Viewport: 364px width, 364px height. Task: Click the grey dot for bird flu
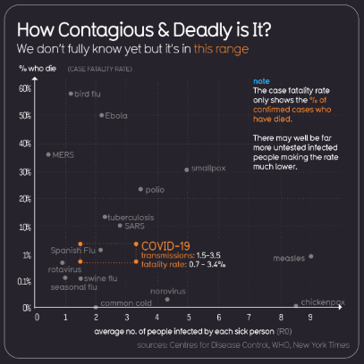coord(71,93)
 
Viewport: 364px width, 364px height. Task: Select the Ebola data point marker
coord(101,115)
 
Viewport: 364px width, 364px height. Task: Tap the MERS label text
coord(63,153)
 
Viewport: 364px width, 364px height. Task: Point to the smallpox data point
coord(186,169)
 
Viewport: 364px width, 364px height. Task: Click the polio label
coord(155,189)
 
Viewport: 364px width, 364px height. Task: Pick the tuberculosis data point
coord(105,216)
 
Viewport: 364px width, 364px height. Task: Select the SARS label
coord(134,226)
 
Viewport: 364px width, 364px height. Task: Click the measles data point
coord(310,256)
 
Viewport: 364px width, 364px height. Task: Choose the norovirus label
coord(167,290)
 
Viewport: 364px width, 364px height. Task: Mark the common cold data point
coord(96,307)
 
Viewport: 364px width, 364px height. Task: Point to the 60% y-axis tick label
coord(24,88)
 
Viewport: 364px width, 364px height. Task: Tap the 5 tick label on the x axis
coord(188,316)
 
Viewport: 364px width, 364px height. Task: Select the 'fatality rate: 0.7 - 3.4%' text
coord(176,263)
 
